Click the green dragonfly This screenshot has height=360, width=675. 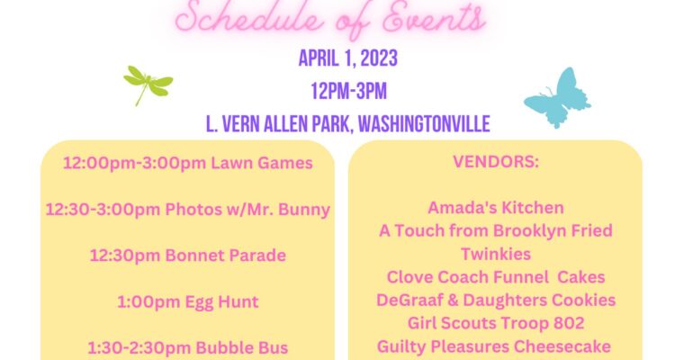148,82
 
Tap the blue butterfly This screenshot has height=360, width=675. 558,98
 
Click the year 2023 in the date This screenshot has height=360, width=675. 379,58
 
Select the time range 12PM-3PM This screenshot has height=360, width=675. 348,91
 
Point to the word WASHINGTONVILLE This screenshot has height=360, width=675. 424,124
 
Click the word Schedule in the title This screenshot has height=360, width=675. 249,18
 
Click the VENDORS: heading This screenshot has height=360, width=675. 496,161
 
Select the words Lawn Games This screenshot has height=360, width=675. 262,163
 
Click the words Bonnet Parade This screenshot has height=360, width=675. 226,255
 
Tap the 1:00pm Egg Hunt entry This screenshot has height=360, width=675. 188,301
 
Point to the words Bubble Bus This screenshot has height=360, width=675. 242,347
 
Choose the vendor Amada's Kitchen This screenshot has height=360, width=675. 496,208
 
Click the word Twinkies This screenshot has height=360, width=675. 496,254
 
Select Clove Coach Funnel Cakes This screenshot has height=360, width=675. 496,277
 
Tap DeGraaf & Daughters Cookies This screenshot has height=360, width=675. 496,300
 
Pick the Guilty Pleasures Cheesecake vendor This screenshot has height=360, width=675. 494,346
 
